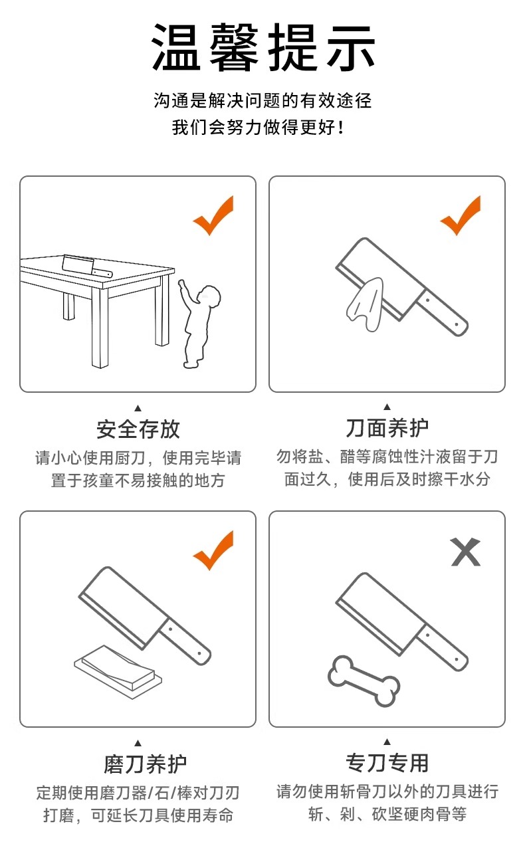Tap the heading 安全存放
click(x=138, y=429)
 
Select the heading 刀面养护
click(x=387, y=428)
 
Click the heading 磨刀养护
click(x=146, y=764)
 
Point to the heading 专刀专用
click(x=387, y=762)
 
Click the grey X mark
click(x=466, y=552)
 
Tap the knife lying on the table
click(x=86, y=266)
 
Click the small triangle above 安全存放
click(x=138, y=408)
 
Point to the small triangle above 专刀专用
click(x=387, y=742)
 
